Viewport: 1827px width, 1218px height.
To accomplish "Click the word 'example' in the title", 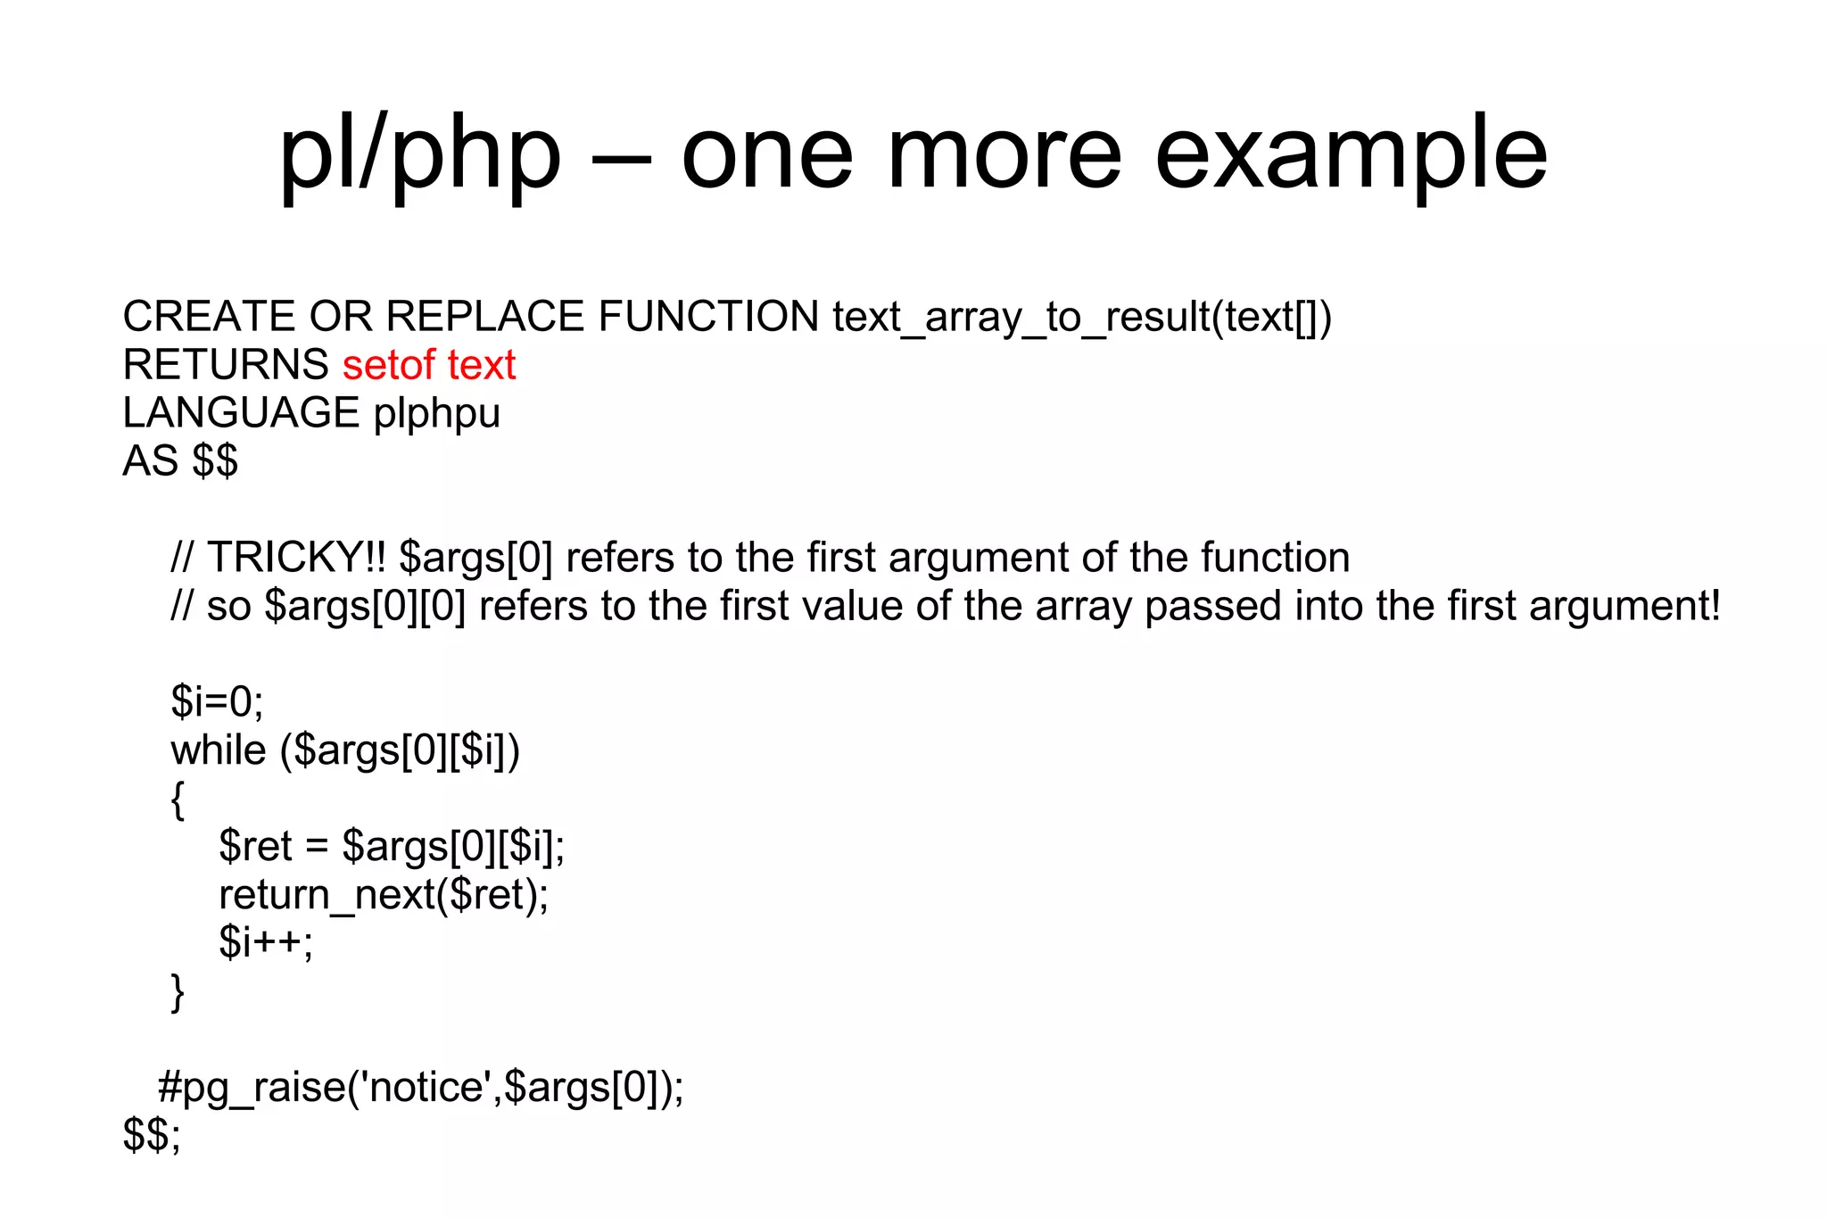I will click(1351, 153).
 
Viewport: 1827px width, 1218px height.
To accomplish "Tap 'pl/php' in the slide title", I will click(419, 153).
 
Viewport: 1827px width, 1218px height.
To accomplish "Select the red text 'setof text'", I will click(429, 365).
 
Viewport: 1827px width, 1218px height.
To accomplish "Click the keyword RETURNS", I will click(226, 365).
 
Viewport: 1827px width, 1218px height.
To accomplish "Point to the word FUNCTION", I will click(708, 317).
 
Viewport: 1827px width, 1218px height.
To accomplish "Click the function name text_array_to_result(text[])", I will click(1082, 318).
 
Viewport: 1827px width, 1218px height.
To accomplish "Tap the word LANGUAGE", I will click(241, 413).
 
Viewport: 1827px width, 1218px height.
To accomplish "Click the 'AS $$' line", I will click(180, 461).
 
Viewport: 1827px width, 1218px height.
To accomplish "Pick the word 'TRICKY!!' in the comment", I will click(296, 558).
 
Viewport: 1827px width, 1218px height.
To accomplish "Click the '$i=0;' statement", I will click(218, 702).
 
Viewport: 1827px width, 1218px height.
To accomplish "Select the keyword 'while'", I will click(219, 750).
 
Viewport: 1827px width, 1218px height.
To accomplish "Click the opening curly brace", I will click(178, 800).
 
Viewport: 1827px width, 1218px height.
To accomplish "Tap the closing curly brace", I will click(178, 992).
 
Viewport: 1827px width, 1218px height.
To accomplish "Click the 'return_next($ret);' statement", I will click(384, 895).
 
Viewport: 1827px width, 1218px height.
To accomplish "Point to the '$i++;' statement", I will click(266, 943).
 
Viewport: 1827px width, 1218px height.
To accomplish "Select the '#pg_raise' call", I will click(420, 1088).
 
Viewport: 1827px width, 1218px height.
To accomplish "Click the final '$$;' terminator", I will click(152, 1136).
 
